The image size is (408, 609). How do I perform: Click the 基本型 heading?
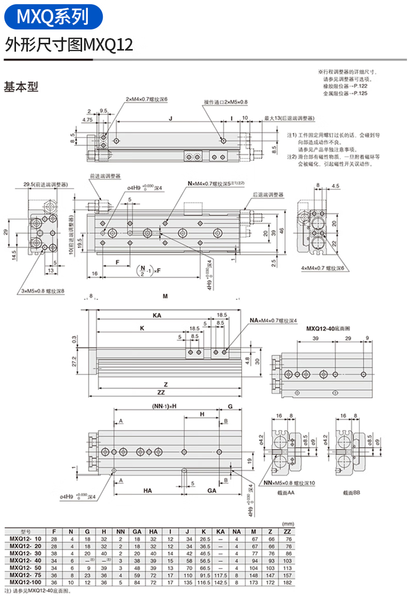pyautogui.click(x=21, y=87)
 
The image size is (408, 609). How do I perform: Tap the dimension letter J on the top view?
pyautogui.click(x=170, y=118)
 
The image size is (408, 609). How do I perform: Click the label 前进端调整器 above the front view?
pyautogui.click(x=105, y=175)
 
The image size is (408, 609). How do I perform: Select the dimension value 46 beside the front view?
pyautogui.click(x=282, y=231)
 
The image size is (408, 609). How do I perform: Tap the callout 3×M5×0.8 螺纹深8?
pyautogui.click(x=43, y=291)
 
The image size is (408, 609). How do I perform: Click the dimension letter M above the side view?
pyautogui.click(x=165, y=296)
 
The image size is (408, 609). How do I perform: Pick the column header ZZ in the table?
pyautogui.click(x=288, y=531)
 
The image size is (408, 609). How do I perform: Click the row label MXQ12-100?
pyautogui.click(x=25, y=582)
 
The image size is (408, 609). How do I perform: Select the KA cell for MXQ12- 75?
pyautogui.click(x=220, y=574)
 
